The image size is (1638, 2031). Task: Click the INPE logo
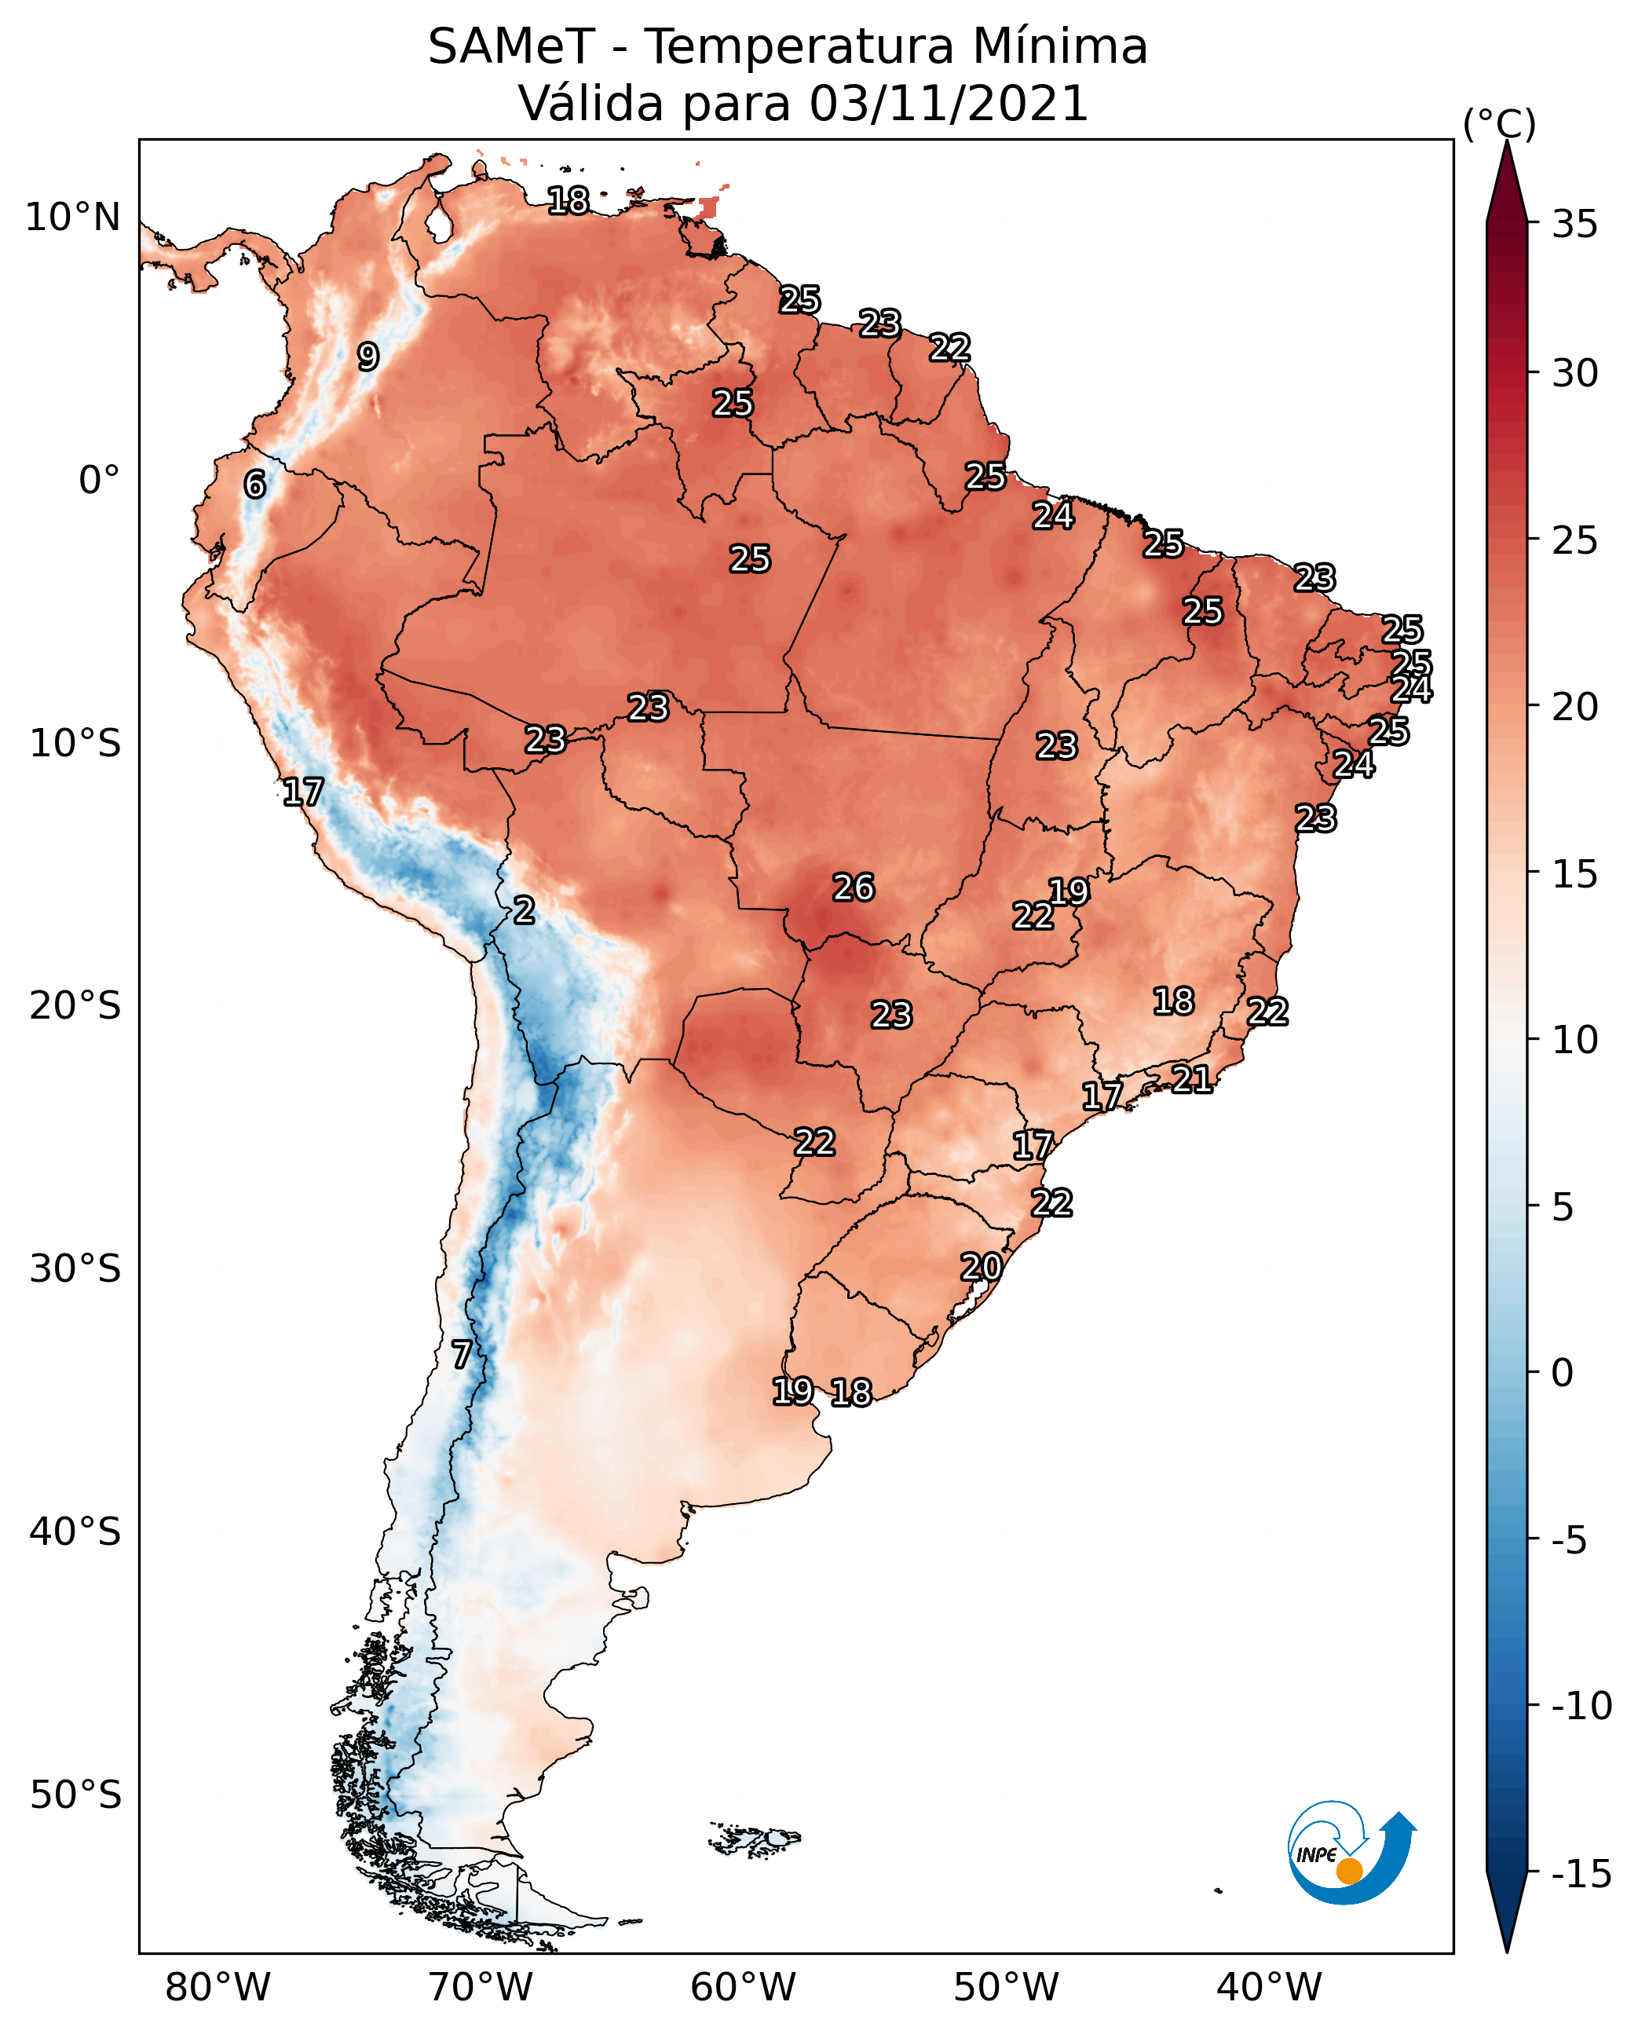1351,1854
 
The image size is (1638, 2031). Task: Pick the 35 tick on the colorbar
1574,225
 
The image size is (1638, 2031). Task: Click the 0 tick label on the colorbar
1563,1373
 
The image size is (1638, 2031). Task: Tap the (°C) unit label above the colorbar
1499,123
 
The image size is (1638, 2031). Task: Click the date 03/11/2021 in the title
949,104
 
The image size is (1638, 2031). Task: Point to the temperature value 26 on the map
853,888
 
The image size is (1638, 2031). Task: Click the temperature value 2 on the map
525,911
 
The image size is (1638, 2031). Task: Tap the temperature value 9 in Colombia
368,357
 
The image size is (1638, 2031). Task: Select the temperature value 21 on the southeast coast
1192,1079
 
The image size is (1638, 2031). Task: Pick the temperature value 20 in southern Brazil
982,1268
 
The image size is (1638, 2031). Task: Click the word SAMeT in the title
511,47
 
